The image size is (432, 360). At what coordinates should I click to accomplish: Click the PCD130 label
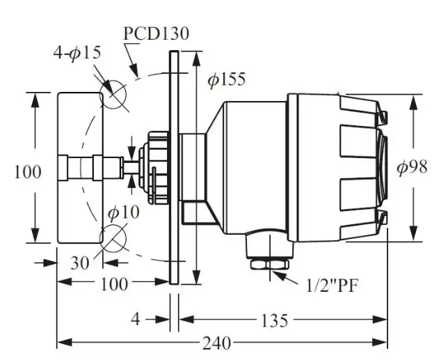pyautogui.click(x=157, y=33)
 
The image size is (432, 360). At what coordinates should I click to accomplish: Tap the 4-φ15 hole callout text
pyautogui.click(x=77, y=53)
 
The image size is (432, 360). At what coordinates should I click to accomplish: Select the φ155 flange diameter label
pyautogui.click(x=227, y=79)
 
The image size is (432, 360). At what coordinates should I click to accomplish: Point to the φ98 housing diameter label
pyautogui.click(x=412, y=167)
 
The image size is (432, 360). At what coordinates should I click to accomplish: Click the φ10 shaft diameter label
pyautogui.click(x=123, y=212)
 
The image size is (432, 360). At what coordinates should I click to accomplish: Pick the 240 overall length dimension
pyautogui.click(x=216, y=343)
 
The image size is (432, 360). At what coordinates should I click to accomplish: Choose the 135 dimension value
pyautogui.click(x=274, y=320)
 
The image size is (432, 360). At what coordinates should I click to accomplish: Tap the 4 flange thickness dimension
pyautogui.click(x=136, y=320)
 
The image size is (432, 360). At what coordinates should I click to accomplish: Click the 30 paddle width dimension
pyautogui.click(x=80, y=263)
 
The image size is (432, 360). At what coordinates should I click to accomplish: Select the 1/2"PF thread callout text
pyautogui.click(x=332, y=285)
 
